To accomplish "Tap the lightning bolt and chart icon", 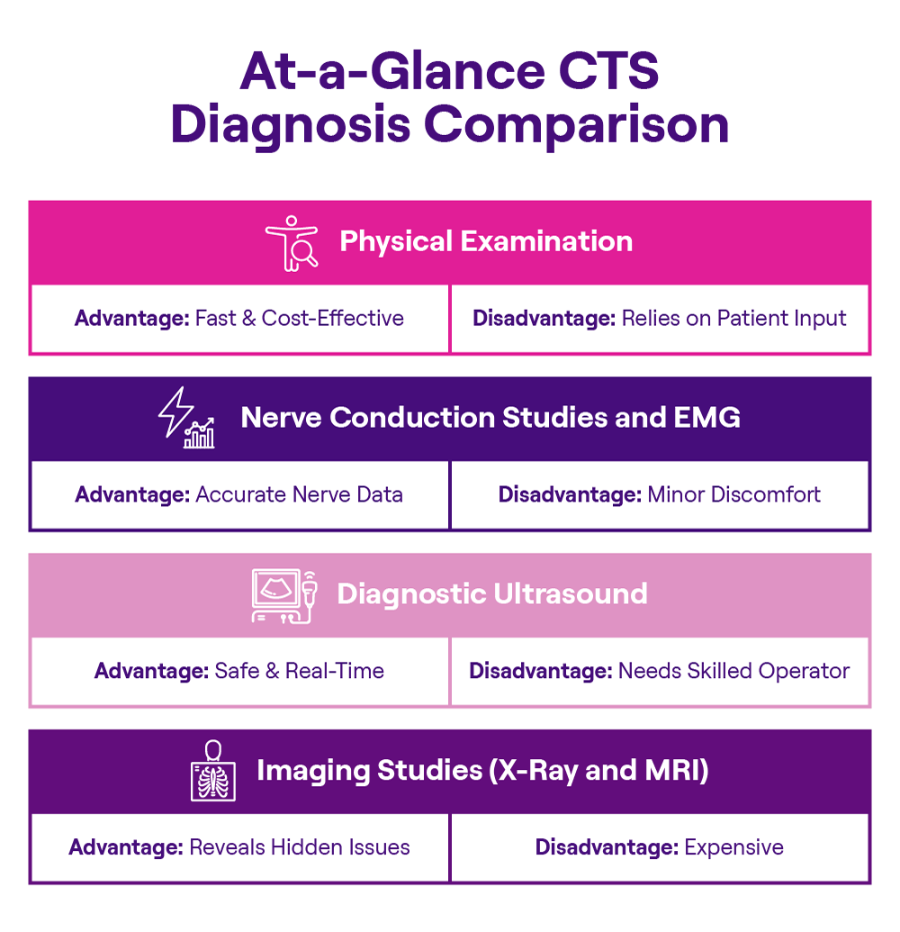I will (x=187, y=419).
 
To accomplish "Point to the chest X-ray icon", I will (x=213, y=771).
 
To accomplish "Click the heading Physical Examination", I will (x=485, y=241).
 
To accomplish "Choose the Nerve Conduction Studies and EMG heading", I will (x=490, y=418).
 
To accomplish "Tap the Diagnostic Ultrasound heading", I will (x=491, y=594).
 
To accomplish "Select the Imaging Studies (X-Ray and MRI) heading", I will (x=482, y=771).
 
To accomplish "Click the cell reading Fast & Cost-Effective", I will (x=239, y=318).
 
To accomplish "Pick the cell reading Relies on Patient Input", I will (x=660, y=318).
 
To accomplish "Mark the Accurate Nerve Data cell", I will (x=239, y=494).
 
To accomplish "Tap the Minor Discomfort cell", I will (x=660, y=494).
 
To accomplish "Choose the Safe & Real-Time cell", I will (x=239, y=671).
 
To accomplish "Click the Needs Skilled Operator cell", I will (x=660, y=671).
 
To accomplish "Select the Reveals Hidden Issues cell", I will (x=239, y=847).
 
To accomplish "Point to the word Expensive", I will (x=733, y=847).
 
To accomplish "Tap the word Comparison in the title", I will (x=577, y=125).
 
